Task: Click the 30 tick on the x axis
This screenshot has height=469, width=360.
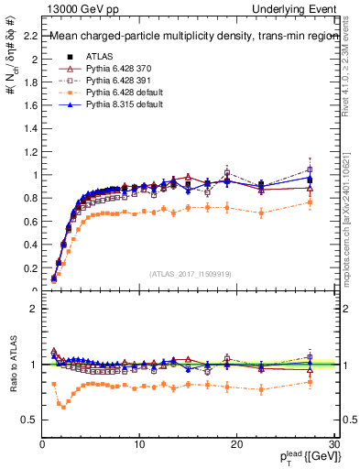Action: tap(334, 444)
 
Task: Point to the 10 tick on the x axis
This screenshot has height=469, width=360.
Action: tap(139, 444)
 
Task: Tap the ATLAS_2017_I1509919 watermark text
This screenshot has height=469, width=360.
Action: tap(191, 273)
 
